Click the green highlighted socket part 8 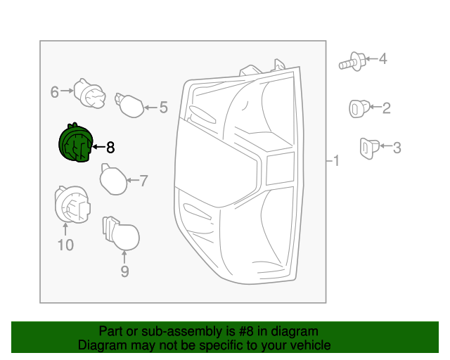74,143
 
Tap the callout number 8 110,148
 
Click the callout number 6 54,91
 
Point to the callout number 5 163,108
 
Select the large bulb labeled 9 122,235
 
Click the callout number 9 124,271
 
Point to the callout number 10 65,245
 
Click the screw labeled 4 353,62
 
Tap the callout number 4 383,59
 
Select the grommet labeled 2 358,108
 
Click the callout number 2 386,108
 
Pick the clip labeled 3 368,147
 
